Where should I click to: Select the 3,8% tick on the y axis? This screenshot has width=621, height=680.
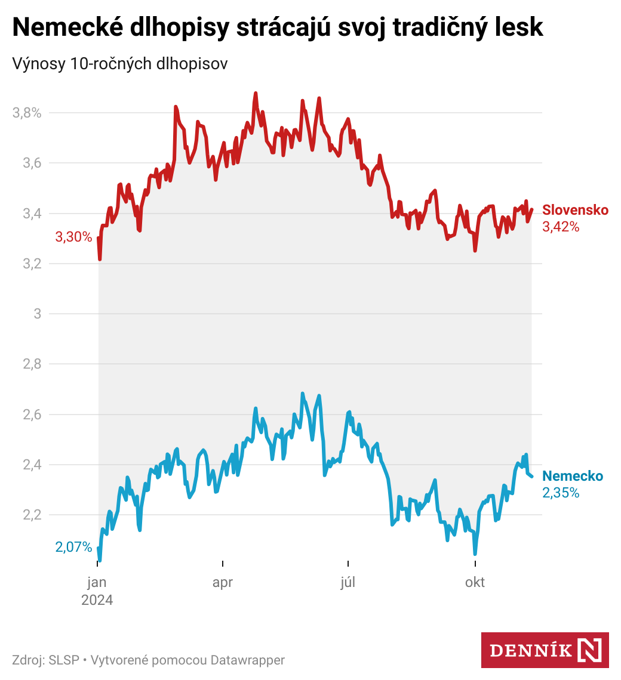pyautogui.click(x=27, y=113)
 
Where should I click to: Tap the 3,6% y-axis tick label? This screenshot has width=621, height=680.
pyautogui.click(x=27, y=163)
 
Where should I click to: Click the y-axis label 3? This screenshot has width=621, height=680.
pyautogui.click(x=37, y=314)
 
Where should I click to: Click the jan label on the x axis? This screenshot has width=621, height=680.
pyautogui.click(x=97, y=583)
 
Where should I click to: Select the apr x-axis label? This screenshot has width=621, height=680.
pyautogui.click(x=223, y=583)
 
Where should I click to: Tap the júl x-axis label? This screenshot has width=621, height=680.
pyautogui.click(x=348, y=583)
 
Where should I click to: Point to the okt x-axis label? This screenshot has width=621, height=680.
pyautogui.click(x=475, y=583)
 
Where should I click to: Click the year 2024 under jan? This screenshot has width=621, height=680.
pyautogui.click(x=97, y=599)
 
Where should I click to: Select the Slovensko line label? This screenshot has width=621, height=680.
pyautogui.click(x=575, y=210)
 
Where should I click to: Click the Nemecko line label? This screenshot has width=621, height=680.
pyautogui.click(x=573, y=476)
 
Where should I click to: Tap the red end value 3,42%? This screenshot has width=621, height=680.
pyautogui.click(x=561, y=227)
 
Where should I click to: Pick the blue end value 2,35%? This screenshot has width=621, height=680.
pyautogui.click(x=561, y=493)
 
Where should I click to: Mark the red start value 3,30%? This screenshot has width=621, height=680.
pyautogui.click(x=73, y=237)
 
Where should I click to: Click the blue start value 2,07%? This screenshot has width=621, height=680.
pyautogui.click(x=73, y=547)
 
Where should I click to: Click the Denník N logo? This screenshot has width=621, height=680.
pyautogui.click(x=545, y=650)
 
